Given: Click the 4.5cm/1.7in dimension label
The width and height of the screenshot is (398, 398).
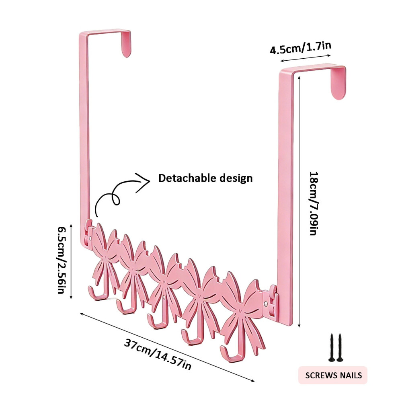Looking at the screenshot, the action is pos(301,48).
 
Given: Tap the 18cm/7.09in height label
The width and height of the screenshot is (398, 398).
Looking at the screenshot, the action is pos(314,203).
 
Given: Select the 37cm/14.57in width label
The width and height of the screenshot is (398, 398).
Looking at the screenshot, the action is pos(158,354).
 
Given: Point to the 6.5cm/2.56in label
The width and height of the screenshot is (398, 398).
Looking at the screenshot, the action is pos(61,260).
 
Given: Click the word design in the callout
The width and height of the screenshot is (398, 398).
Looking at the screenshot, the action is pos(236,178).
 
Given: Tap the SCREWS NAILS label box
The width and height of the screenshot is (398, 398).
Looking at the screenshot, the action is pos(333,375).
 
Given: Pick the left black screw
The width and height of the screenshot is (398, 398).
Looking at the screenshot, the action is pos(332,347).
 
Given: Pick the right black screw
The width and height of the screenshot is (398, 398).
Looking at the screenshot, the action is pos(340,347).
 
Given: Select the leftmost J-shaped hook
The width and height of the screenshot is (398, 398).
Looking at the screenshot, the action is pos(98,294).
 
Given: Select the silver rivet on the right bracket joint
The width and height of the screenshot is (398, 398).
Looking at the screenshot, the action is pos(266,304).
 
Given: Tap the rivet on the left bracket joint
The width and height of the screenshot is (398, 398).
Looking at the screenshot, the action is pos(90,238).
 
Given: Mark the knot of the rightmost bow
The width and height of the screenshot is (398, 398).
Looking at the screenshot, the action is pos(240,310).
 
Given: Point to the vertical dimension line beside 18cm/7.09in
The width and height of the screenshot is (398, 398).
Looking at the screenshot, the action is pos(299,202).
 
